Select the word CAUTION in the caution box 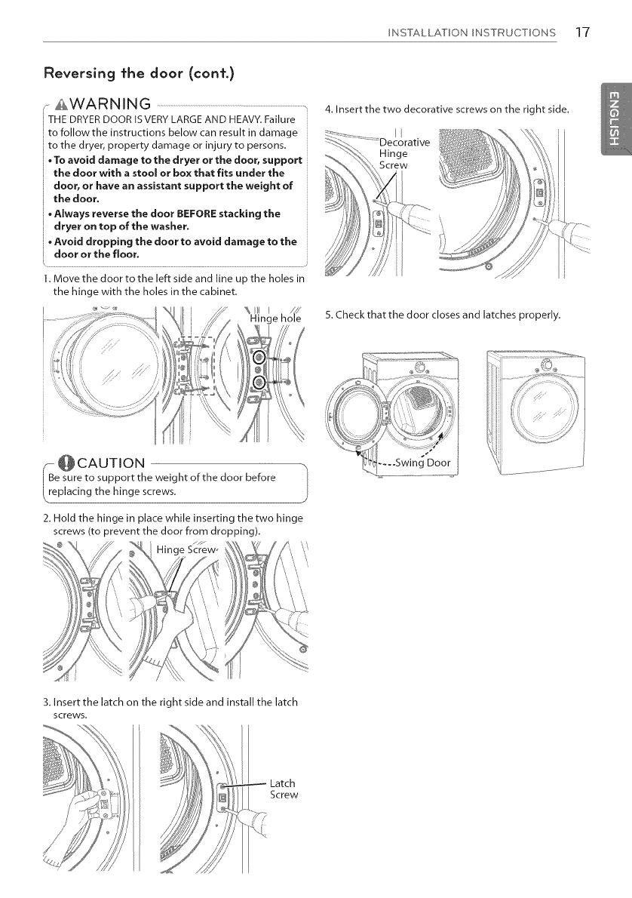(94, 461)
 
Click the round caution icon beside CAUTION (44, 461)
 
